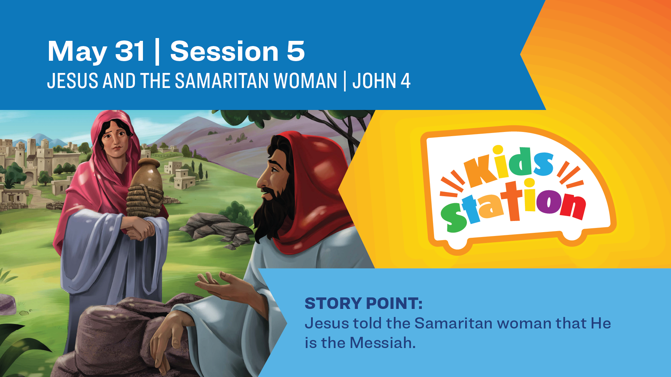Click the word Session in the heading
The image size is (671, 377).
224,51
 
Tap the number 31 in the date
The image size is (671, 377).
130,51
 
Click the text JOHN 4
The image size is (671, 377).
381,81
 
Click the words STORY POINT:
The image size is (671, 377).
363,303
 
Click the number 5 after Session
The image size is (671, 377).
296,51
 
